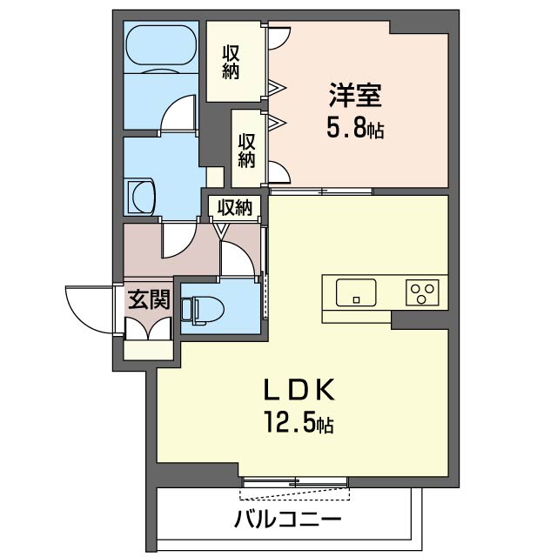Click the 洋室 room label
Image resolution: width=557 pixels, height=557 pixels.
[x=355, y=95]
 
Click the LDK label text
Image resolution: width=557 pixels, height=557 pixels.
[x=299, y=390]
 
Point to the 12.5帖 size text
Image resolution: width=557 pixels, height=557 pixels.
[x=299, y=421]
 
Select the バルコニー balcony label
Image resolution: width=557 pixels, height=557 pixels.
[x=288, y=520]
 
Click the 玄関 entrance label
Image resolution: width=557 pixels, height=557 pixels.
[x=149, y=299]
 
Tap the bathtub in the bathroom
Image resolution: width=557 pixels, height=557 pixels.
[x=161, y=45]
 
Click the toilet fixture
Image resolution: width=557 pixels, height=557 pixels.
[x=202, y=311]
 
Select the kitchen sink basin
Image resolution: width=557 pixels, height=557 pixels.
[x=356, y=292]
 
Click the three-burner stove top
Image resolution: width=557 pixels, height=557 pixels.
[x=422, y=292]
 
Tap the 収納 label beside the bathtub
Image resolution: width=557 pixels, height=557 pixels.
[x=231, y=62]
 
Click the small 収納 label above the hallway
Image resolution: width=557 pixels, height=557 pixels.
[x=235, y=207]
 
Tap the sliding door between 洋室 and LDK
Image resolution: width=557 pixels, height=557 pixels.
[x=321, y=191]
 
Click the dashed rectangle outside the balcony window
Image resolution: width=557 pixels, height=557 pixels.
[x=295, y=494]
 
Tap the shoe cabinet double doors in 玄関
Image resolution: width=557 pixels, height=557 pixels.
[x=149, y=329]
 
